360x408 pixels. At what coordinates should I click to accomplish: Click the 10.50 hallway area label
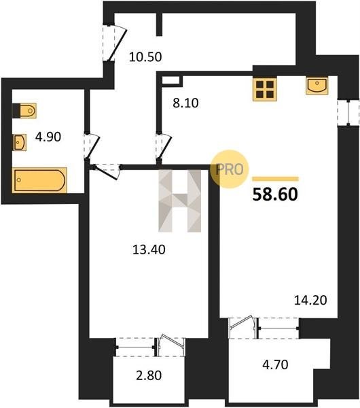tap(145, 57)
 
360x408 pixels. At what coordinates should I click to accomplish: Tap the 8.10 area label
tap(185, 103)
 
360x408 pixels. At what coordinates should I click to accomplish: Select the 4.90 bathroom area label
tap(48, 137)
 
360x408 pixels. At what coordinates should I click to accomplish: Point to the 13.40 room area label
tap(149, 250)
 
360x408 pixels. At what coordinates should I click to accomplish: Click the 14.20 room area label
tap(310, 301)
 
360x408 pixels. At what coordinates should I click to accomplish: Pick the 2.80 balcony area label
tap(149, 375)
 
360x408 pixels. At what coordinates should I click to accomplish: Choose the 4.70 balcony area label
tap(275, 364)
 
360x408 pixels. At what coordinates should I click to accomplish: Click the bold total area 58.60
tap(275, 194)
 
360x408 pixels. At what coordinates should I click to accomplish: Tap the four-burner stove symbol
tap(265, 88)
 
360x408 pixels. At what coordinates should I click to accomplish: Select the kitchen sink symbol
tap(317, 86)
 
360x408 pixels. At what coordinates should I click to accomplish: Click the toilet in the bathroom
tap(24, 111)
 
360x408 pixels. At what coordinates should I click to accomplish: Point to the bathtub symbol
tap(39, 180)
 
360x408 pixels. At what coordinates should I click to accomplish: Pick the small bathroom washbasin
tap(20, 142)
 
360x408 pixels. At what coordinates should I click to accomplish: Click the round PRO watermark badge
tap(230, 169)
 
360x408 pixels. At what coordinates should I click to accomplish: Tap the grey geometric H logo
tap(180, 201)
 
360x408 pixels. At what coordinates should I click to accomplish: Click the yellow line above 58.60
tap(275, 179)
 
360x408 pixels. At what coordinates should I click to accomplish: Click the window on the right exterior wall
tap(348, 113)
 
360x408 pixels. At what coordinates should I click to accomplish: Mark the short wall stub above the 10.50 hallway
tap(159, 24)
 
